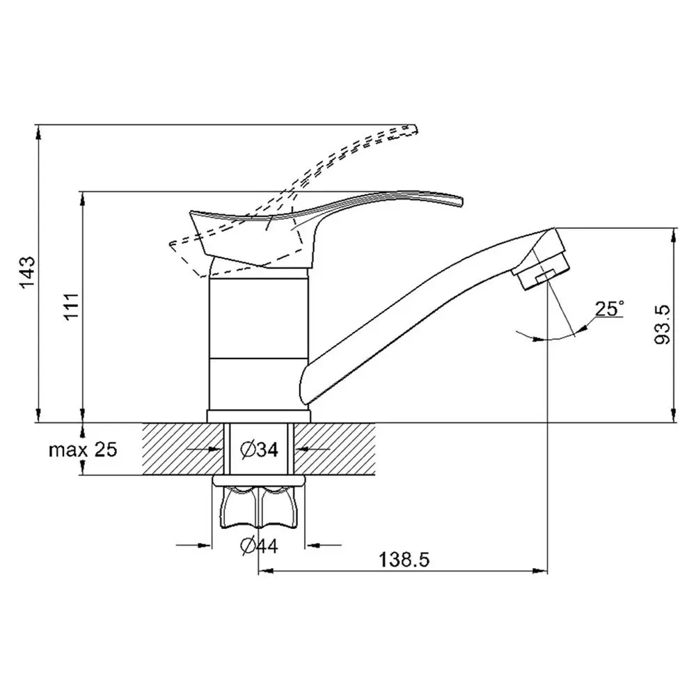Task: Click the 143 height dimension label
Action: [x=28, y=271]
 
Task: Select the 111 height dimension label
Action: [x=71, y=306]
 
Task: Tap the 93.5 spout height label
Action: [x=663, y=324]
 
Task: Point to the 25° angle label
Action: [x=609, y=308]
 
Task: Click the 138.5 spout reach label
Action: [x=404, y=560]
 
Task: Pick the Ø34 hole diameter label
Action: [x=259, y=450]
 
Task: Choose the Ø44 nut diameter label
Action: [x=259, y=545]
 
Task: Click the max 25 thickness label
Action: [x=83, y=450]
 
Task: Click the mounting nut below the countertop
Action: [x=259, y=503]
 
